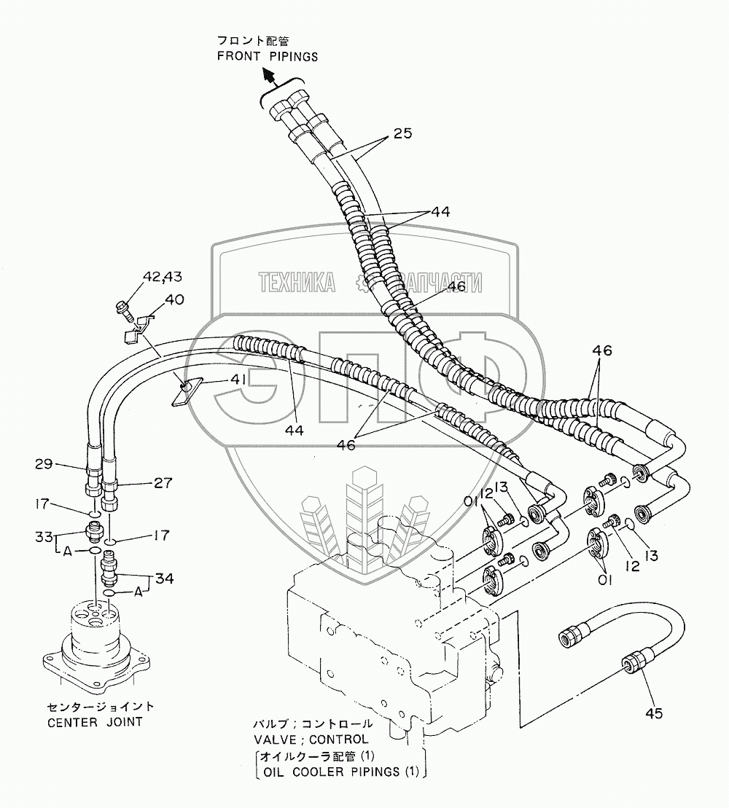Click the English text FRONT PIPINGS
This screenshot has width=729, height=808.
click(267, 57)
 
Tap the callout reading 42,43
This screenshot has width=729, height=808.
click(161, 277)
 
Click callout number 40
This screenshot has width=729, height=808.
click(174, 299)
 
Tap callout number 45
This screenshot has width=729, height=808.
click(654, 713)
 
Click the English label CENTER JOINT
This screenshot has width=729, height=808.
click(95, 722)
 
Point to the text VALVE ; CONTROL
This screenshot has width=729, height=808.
click(311, 739)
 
